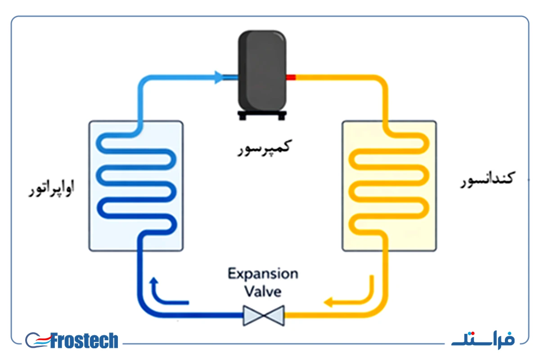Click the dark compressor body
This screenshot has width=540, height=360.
[x=262, y=71]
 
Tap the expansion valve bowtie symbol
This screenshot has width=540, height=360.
[x=264, y=315]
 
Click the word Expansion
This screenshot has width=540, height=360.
[x=263, y=274]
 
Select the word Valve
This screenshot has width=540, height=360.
[x=263, y=291]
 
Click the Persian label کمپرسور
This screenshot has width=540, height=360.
[x=265, y=148]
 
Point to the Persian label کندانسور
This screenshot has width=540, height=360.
[x=487, y=180]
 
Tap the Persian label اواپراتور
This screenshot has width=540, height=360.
[x=51, y=188]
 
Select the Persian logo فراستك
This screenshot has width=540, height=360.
[x=483, y=340]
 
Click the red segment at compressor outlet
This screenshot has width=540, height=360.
[x=291, y=77]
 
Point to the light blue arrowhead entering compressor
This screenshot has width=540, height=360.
[x=219, y=77]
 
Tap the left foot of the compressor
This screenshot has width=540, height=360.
[x=243, y=117]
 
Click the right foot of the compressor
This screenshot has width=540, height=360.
[x=281, y=117]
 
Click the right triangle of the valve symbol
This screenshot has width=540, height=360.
[x=274, y=315]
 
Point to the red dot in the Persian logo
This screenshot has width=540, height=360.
[x=473, y=334]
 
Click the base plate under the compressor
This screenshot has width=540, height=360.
[x=262, y=113]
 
